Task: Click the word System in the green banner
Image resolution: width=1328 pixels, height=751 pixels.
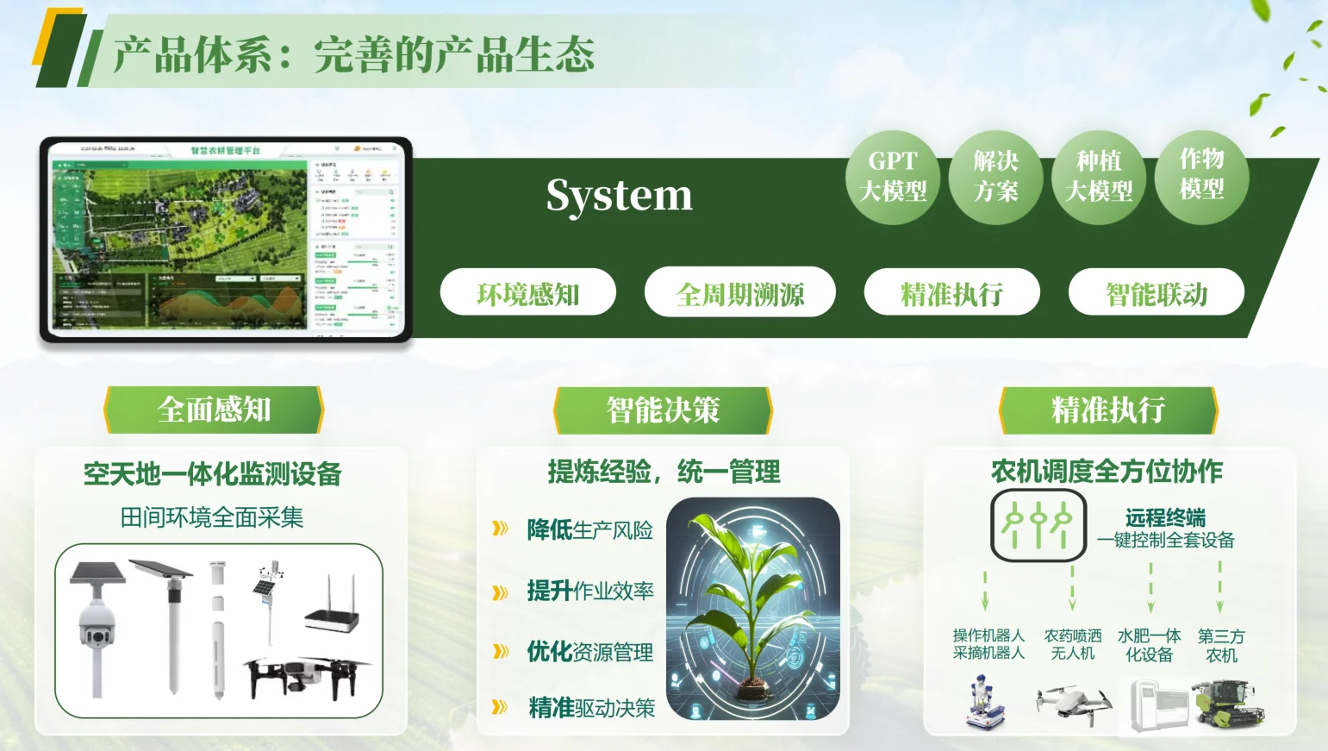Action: click(x=619, y=195)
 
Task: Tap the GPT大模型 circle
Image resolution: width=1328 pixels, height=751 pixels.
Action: click(x=893, y=177)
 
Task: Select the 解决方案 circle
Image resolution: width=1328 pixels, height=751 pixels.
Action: click(x=995, y=177)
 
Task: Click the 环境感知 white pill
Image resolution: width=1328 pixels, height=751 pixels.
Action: click(x=527, y=293)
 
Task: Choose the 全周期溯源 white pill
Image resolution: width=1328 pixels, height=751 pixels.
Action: click(x=739, y=293)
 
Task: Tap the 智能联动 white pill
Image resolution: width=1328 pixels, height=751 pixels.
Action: click(x=1156, y=293)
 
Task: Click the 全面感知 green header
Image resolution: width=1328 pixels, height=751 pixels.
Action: click(x=214, y=410)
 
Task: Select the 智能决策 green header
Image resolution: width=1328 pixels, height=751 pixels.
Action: click(x=662, y=410)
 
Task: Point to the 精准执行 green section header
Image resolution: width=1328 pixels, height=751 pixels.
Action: click(x=1107, y=410)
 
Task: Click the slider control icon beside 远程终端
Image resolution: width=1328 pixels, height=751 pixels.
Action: click(x=1038, y=524)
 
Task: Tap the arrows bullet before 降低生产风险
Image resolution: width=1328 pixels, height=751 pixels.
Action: click(x=500, y=529)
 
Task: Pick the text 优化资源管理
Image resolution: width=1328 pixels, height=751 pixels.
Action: click(x=590, y=652)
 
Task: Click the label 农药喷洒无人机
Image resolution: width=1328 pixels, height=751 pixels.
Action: click(x=1073, y=644)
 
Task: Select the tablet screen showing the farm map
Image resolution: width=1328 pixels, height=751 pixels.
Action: click(x=226, y=239)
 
